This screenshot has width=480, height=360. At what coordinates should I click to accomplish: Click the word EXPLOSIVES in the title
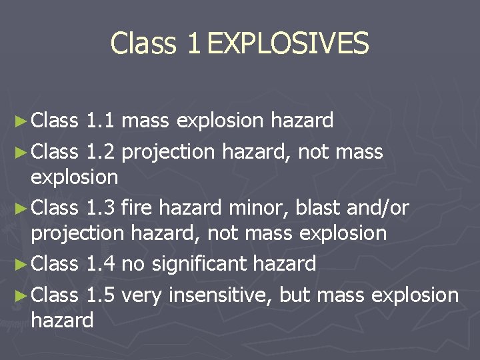(287, 43)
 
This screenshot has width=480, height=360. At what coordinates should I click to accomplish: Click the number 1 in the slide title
(193, 43)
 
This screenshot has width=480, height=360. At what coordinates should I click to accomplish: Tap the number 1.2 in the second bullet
(101, 152)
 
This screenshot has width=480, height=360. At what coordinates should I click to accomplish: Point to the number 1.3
(101, 208)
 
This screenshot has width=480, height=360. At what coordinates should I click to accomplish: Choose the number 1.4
(101, 264)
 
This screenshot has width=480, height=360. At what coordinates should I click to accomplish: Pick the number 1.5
(101, 295)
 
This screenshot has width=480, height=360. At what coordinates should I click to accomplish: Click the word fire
(138, 208)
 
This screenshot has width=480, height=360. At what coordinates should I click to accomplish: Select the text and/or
(377, 208)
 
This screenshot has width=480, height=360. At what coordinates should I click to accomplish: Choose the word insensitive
(219, 295)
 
